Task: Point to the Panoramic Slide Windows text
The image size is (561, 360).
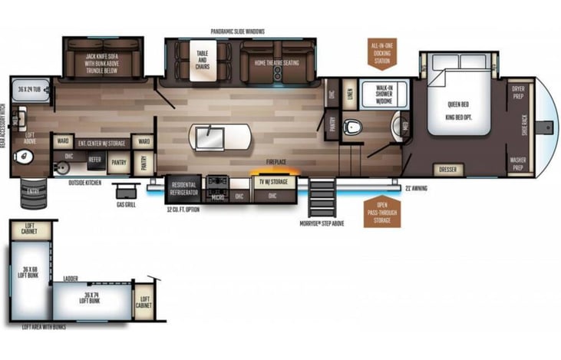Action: click(x=238, y=31)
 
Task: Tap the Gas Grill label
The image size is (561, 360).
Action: click(x=127, y=205)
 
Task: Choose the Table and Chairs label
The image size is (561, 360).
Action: click(x=203, y=60)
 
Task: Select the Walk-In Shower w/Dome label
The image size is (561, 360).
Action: click(x=384, y=93)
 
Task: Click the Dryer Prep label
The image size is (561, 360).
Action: click(x=519, y=92)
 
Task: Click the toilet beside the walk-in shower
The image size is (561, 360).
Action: click(x=353, y=127)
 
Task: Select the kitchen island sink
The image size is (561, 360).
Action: click(x=210, y=139)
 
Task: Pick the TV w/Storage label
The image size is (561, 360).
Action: click(x=272, y=183)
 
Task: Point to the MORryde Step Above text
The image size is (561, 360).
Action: click(x=322, y=223)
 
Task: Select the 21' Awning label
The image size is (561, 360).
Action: click(x=417, y=188)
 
